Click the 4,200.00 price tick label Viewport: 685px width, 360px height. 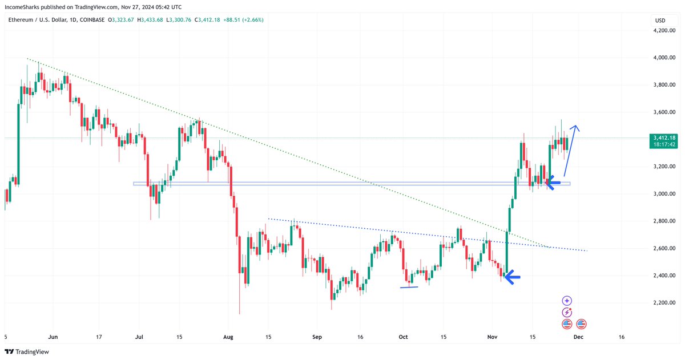pos(664,30)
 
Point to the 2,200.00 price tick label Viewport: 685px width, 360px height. pos(664,302)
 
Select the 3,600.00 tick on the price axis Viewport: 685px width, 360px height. pos(664,112)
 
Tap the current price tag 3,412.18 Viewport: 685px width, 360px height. pos(664,137)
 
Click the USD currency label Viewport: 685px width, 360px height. pos(660,21)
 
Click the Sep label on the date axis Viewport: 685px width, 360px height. pos(317,337)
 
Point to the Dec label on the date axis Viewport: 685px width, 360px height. pos(578,337)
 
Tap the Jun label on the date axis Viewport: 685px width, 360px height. pos(54,337)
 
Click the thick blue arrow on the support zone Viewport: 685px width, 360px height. pos(553,183)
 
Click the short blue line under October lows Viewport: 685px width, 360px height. pos(409,287)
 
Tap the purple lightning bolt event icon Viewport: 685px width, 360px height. pos(567,312)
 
